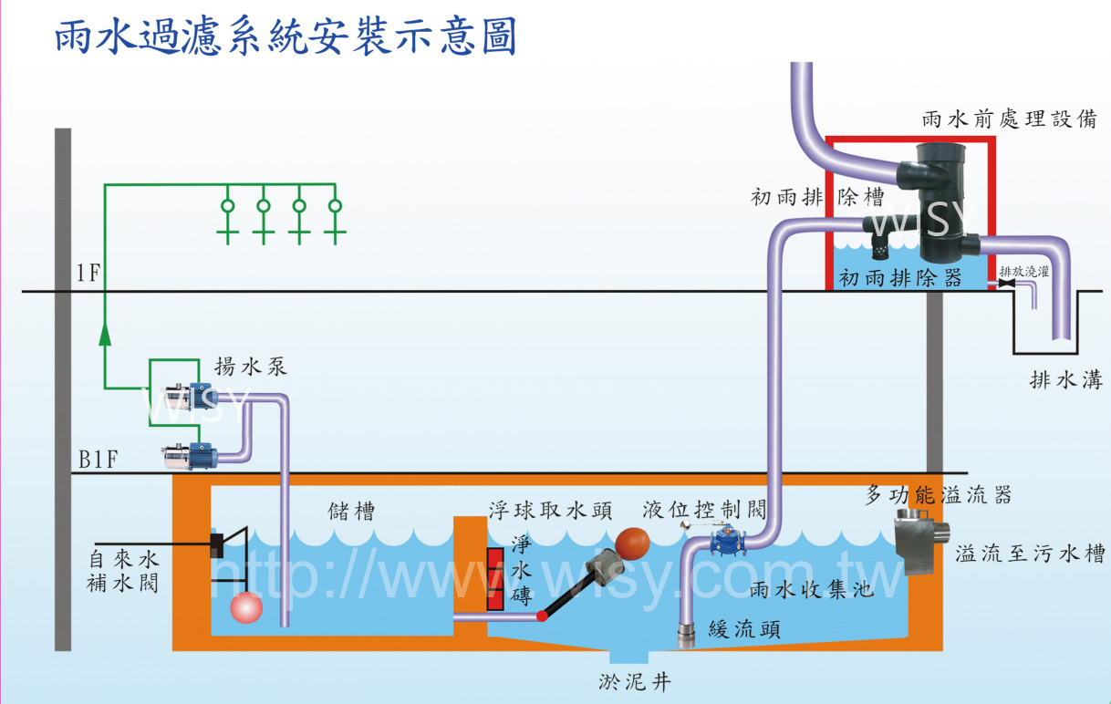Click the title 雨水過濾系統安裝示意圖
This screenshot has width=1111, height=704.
click(x=286, y=36)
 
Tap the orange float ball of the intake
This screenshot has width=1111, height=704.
click(x=632, y=544)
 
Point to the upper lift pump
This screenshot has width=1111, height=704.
click(x=190, y=397)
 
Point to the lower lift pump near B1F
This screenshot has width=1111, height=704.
click(x=190, y=456)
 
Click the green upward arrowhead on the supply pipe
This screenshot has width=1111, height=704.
click(x=105, y=334)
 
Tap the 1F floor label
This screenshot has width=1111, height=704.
click(x=88, y=273)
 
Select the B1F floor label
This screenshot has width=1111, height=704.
click(x=98, y=460)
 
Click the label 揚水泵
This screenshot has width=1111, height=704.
click(x=251, y=367)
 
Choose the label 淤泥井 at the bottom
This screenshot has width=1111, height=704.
click(x=635, y=683)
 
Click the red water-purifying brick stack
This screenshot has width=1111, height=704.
click(x=495, y=578)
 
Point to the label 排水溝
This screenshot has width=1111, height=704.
click(x=1066, y=380)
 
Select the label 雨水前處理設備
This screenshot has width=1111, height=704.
click(x=1010, y=119)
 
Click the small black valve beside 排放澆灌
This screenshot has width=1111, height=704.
click(x=1006, y=284)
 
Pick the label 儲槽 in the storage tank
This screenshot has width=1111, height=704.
click(x=351, y=512)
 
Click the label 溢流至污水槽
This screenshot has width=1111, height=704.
click(x=1030, y=554)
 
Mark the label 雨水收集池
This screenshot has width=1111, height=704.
click(x=812, y=589)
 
